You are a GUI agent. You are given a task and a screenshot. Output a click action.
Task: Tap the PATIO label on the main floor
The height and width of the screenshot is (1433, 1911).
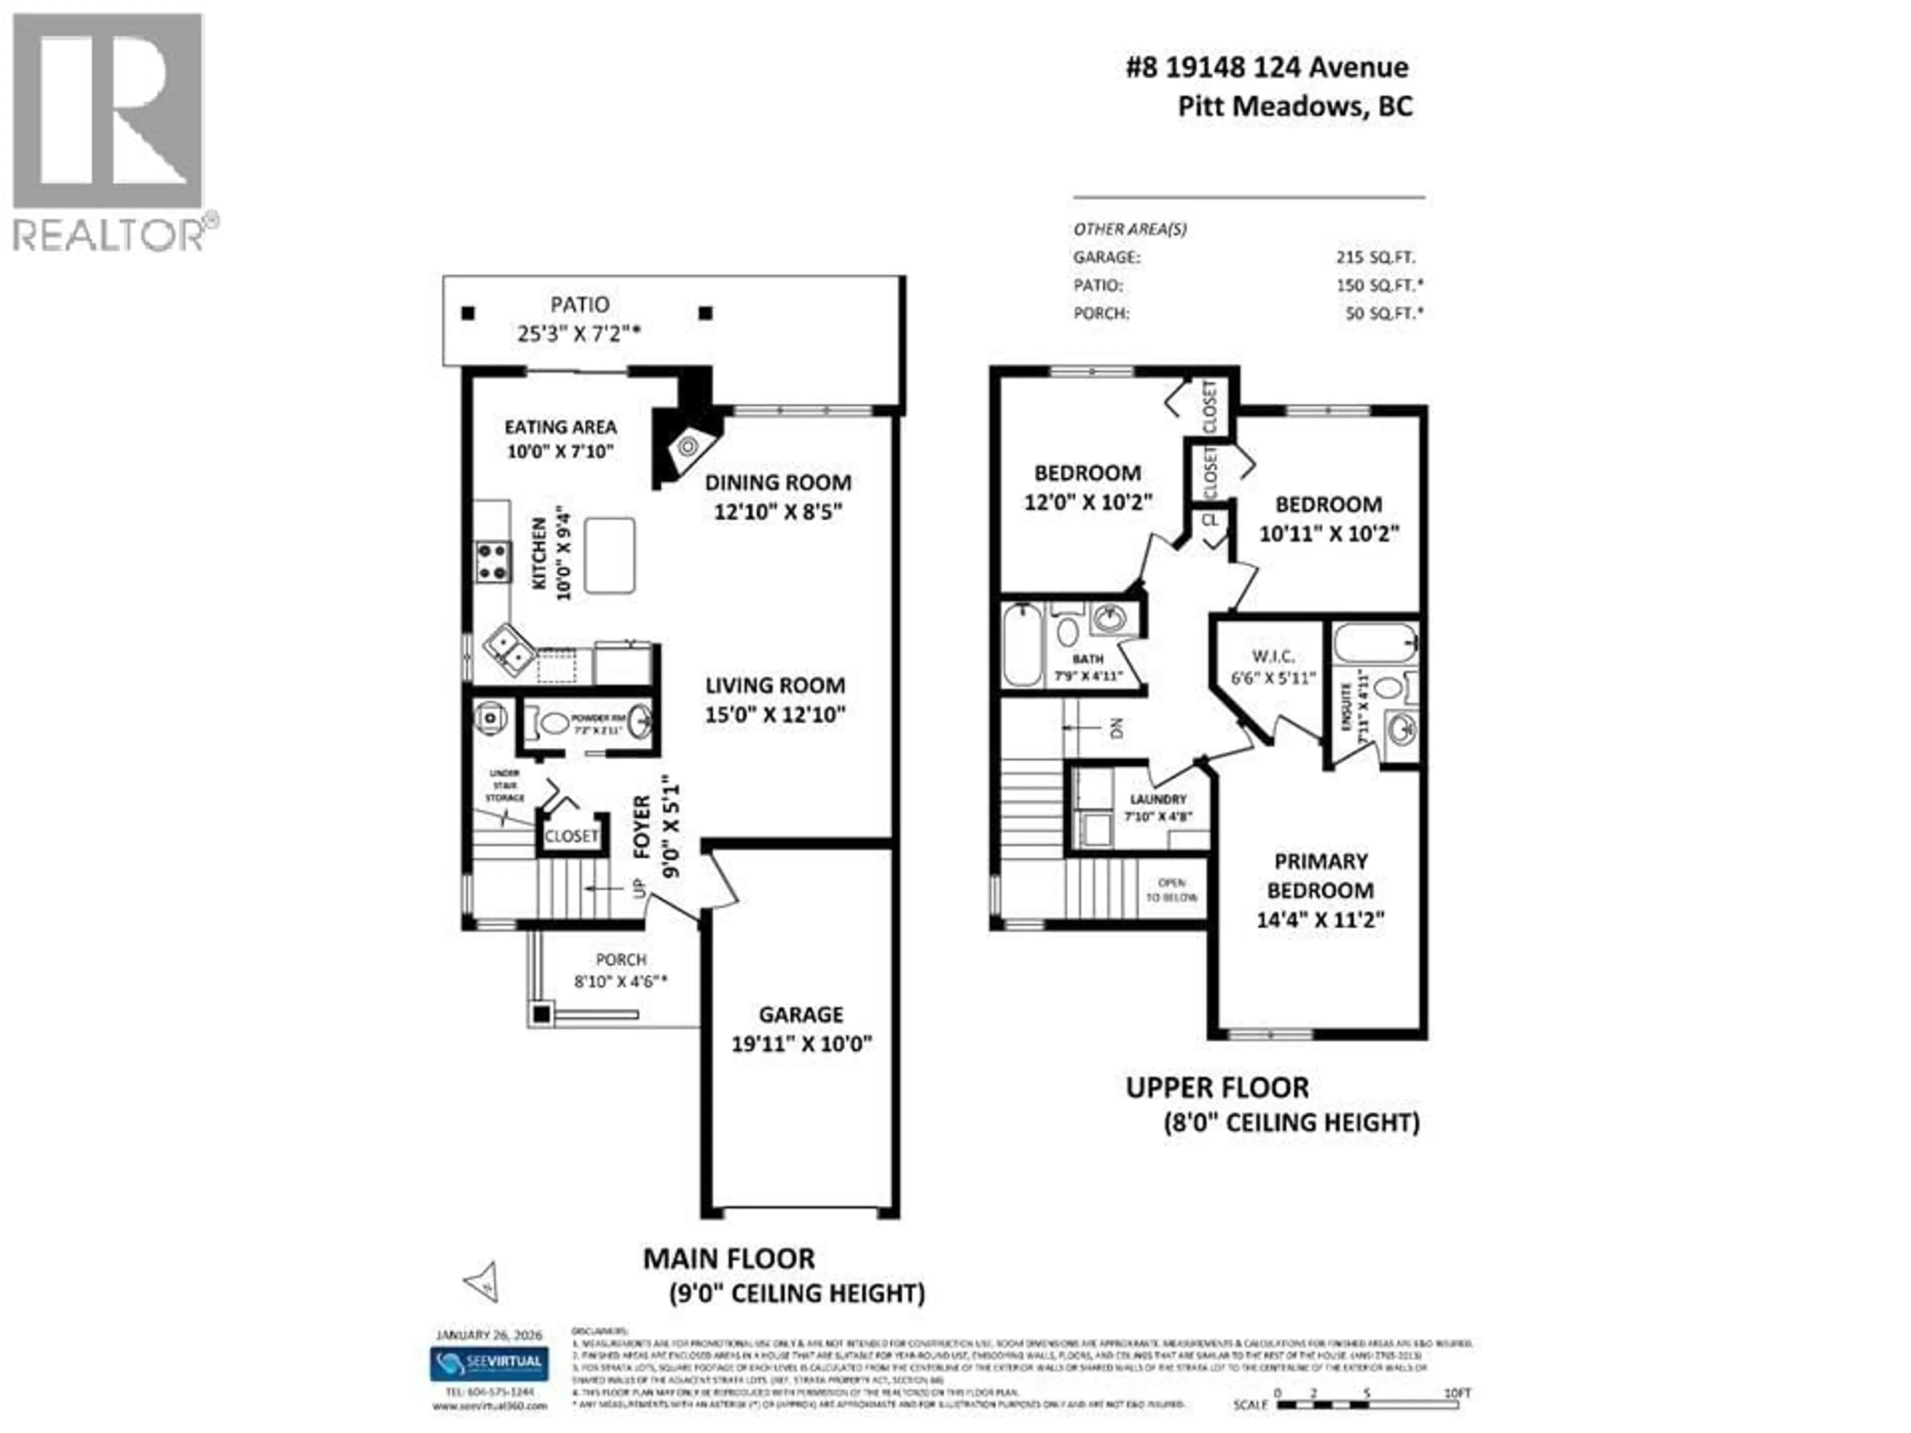pyautogui.click(x=580, y=305)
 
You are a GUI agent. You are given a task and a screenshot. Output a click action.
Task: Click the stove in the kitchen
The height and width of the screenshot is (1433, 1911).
pyautogui.click(x=493, y=561)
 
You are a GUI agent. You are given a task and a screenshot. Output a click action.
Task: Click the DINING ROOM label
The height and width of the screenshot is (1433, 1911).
pyautogui.click(x=777, y=483)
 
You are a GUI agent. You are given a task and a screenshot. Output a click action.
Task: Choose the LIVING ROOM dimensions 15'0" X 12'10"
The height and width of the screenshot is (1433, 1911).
pyautogui.click(x=775, y=715)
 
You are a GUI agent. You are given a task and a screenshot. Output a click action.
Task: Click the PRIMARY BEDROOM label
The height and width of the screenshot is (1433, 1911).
pyautogui.click(x=1320, y=876)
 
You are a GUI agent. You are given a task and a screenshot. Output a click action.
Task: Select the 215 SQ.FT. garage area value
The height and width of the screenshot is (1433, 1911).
pyautogui.click(x=1376, y=257)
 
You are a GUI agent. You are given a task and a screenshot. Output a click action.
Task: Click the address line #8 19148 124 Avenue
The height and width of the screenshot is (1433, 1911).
pyautogui.click(x=1267, y=67)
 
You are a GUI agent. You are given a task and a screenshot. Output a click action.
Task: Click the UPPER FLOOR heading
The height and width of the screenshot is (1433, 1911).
pyautogui.click(x=1216, y=1088)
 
